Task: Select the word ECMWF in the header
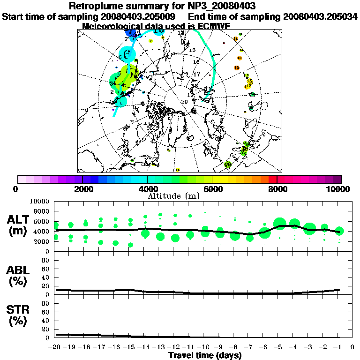[x=213, y=26]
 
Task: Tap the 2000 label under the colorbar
[x=82, y=189]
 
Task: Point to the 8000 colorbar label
[x=277, y=189]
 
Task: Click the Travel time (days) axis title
[x=205, y=356]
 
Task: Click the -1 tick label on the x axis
[x=337, y=347]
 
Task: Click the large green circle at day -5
[x=280, y=224]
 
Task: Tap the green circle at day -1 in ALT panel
[x=339, y=231]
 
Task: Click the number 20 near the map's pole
[x=184, y=101]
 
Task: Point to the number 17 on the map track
[x=197, y=75]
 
